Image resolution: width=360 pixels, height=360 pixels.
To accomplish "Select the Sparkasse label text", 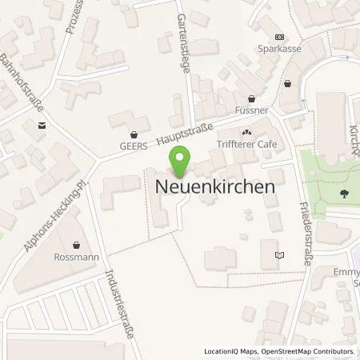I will point(279,47).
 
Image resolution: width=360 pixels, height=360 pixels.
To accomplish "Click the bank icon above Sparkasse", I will point(279,37).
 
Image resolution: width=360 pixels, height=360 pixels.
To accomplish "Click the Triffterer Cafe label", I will point(246,145).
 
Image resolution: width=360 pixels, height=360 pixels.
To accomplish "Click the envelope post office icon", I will point(41,126).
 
